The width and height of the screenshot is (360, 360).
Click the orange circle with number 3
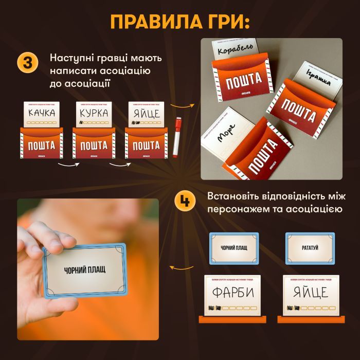(x=27, y=63)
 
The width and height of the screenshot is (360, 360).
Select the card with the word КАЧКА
(x=42, y=115)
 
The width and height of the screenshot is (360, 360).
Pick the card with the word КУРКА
(x=94, y=115)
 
